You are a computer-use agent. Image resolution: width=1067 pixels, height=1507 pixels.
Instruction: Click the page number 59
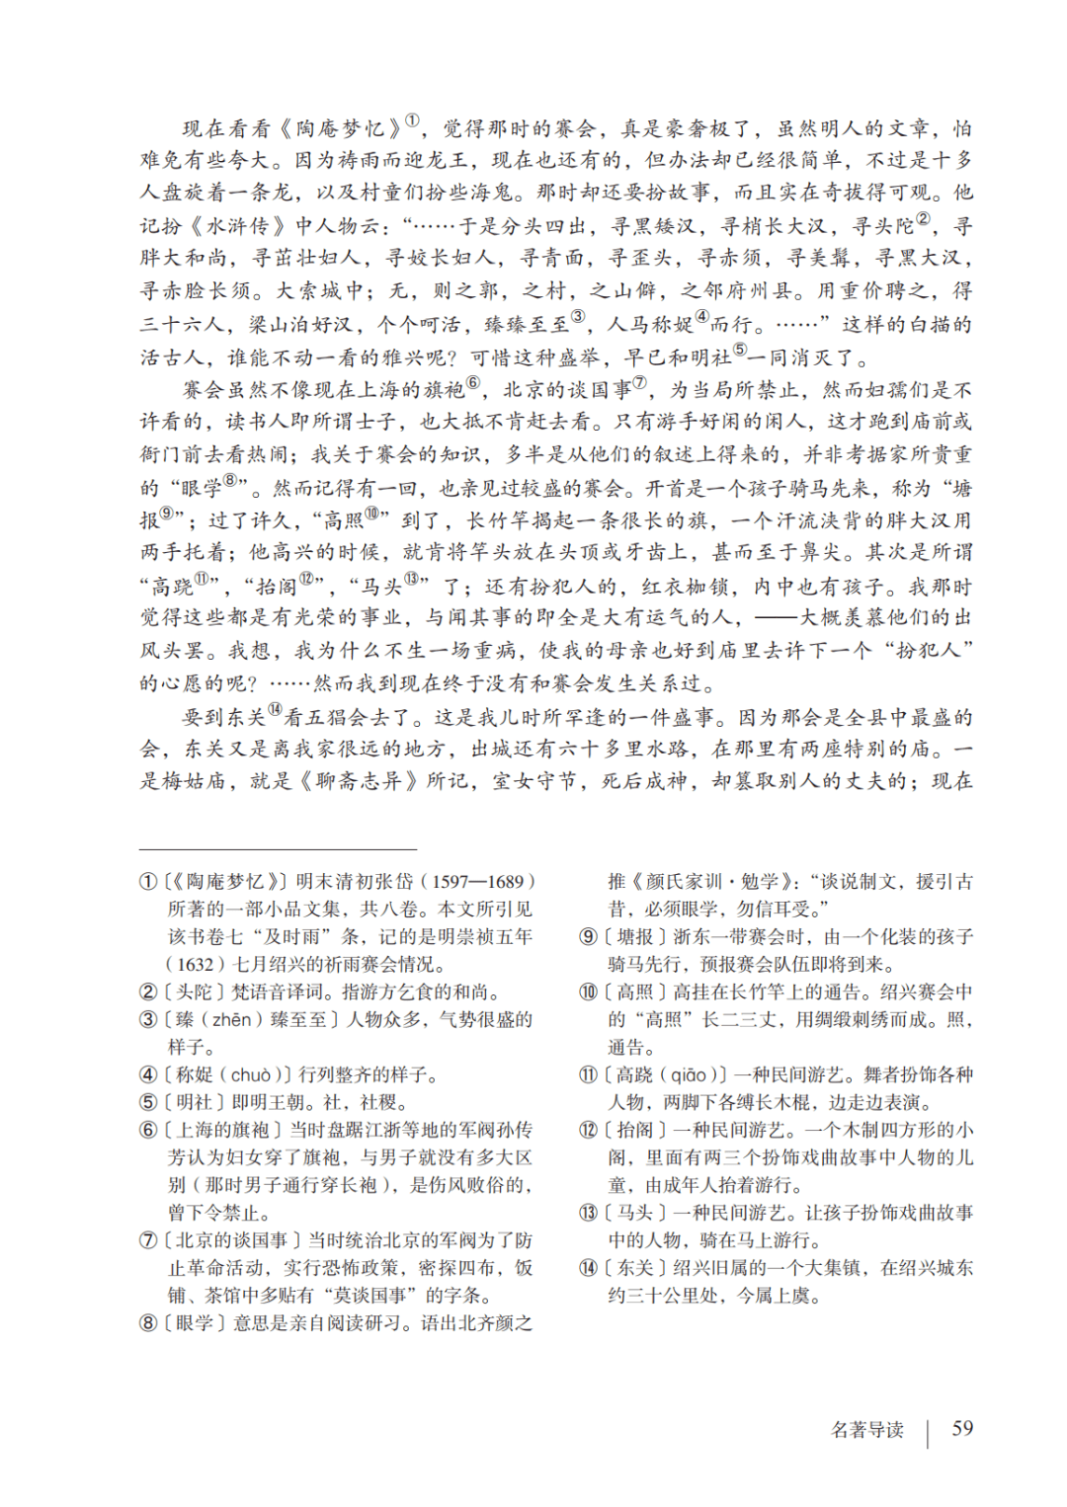click(x=961, y=1428)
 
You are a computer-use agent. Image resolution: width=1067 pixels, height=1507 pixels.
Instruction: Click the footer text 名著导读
click(x=867, y=1430)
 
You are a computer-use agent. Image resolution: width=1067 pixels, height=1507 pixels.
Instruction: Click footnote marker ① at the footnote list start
click(x=148, y=882)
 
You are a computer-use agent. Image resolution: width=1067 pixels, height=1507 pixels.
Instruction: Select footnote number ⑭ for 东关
click(x=588, y=1268)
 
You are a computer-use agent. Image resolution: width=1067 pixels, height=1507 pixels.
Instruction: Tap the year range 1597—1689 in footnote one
click(x=477, y=882)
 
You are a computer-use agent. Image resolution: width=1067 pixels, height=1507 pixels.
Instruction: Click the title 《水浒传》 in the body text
click(x=236, y=226)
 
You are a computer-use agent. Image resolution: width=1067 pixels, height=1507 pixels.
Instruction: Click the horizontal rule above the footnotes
click(x=278, y=849)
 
